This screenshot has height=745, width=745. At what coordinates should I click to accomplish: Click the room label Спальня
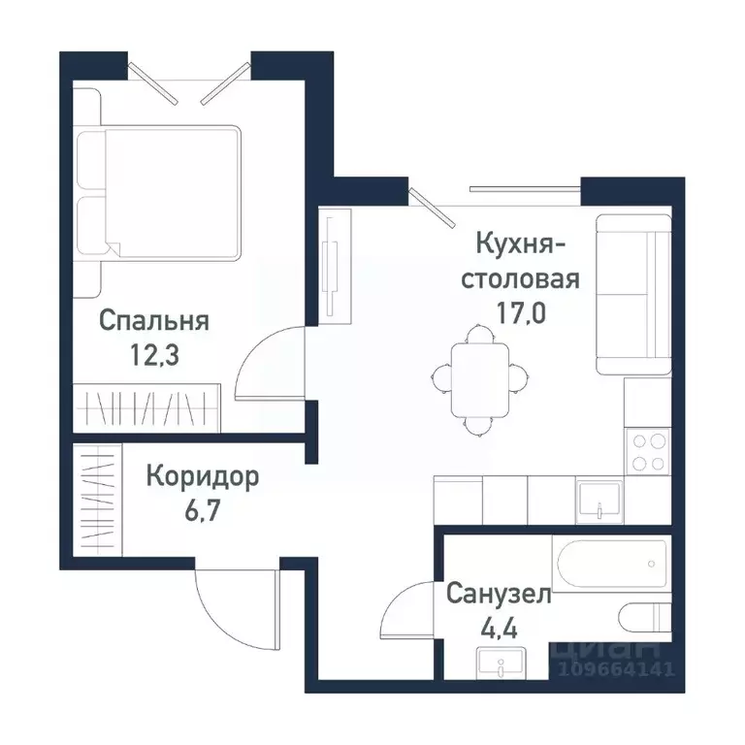click(x=155, y=321)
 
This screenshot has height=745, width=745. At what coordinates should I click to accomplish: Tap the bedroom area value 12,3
click(x=155, y=355)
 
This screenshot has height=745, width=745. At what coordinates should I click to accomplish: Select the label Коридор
click(x=203, y=476)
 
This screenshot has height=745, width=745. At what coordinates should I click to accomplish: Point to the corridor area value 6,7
click(x=203, y=510)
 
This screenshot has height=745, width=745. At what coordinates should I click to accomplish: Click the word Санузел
click(x=499, y=594)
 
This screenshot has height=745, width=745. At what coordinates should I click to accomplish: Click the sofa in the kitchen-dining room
click(x=633, y=295)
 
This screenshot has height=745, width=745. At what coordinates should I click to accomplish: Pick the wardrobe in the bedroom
click(x=146, y=407)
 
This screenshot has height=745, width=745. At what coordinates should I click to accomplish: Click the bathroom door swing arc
click(x=408, y=605)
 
